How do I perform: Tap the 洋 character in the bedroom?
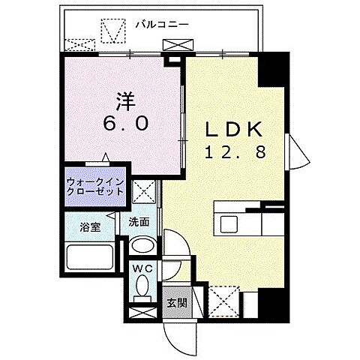pos(125,100)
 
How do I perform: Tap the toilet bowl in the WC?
pos(141,288)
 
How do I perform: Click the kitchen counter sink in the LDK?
pos(228,222)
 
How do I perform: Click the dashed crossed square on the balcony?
pos(115,33)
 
